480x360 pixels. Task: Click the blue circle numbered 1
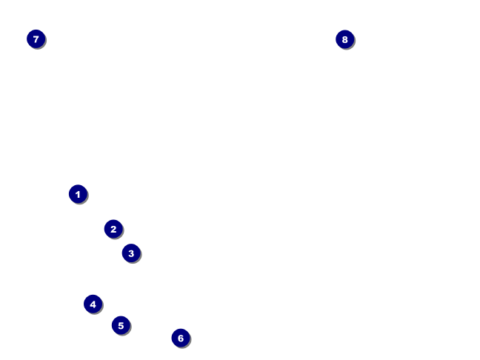(x=78, y=194)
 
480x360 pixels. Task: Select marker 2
(x=113, y=229)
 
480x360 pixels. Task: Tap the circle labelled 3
(x=131, y=253)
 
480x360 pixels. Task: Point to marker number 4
(x=93, y=304)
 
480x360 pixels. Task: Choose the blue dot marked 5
(x=121, y=325)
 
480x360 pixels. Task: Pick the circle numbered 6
(x=181, y=338)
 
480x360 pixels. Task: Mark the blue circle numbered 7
(x=36, y=39)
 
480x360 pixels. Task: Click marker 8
(x=344, y=39)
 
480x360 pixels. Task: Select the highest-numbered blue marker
(x=344, y=39)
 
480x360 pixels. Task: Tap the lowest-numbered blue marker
(x=78, y=194)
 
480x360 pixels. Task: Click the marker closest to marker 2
(x=131, y=253)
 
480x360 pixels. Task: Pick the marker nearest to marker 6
(x=121, y=325)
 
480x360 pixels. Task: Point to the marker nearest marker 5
(x=93, y=304)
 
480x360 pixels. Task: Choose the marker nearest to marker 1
(x=113, y=229)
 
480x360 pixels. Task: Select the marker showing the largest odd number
(x=36, y=39)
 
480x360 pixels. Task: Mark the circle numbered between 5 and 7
(x=181, y=338)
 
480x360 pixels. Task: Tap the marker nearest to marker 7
(x=78, y=194)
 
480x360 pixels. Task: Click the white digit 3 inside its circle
(x=131, y=253)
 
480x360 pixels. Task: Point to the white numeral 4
(x=93, y=304)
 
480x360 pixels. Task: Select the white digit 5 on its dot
(x=121, y=325)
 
